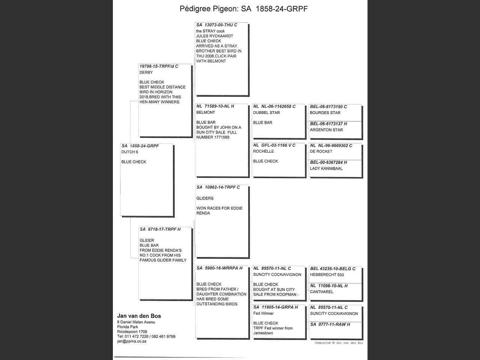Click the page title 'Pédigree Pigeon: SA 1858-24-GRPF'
pyautogui.click(x=244, y=9)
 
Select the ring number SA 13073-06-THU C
pyautogui.click(x=216, y=25)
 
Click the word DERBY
pyautogui.click(x=146, y=72)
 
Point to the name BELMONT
pyautogui.click(x=205, y=112)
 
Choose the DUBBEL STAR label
pyautogui.click(x=266, y=112)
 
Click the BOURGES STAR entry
pyautogui.click(x=325, y=113)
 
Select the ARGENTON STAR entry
pyautogui.click(x=326, y=130)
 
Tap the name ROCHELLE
pyautogui.click(x=263, y=151)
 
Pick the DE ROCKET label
pyautogui.click(x=321, y=151)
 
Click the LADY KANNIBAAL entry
pyautogui.click(x=326, y=168)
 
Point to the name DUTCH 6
pyautogui.click(x=130, y=152)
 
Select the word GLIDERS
pyautogui.click(x=205, y=198)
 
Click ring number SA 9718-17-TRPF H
pyautogui.click(x=160, y=229)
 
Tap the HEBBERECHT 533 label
pyautogui.click(x=327, y=275)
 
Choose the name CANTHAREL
pyautogui.click(x=321, y=292)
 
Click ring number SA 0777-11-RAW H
pyautogui.click(x=330, y=324)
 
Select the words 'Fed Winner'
pyautogui.click(x=263, y=313)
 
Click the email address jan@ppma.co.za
pyautogui.click(x=132, y=341)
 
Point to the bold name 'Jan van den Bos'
pyautogui.click(x=139, y=316)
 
